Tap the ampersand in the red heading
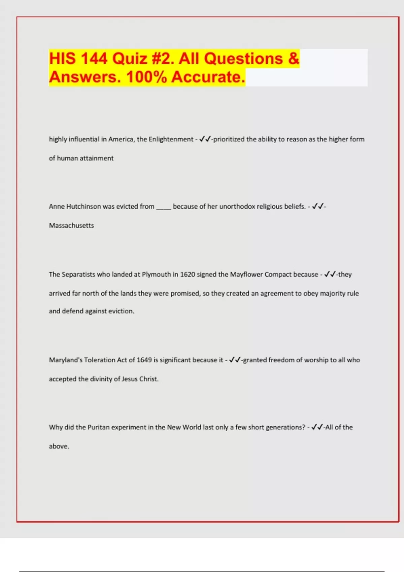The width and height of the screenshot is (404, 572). [294, 59]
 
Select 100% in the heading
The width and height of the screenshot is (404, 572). [146, 77]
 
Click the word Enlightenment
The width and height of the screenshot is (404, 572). [171, 139]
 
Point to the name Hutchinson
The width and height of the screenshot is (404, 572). [83, 207]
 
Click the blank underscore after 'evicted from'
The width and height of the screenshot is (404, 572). [164, 207]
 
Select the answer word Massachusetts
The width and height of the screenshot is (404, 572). [71, 225]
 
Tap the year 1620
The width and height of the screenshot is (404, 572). [188, 275]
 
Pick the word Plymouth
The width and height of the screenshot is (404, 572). [157, 275]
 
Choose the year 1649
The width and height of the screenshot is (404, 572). [144, 360]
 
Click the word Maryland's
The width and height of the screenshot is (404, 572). [65, 360]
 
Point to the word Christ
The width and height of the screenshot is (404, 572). [149, 379]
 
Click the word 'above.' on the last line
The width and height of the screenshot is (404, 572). [59, 446]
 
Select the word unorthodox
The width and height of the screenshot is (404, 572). [237, 207]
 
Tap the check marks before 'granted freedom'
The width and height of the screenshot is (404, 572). [235, 360]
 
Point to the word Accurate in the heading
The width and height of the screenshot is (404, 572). [208, 77]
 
